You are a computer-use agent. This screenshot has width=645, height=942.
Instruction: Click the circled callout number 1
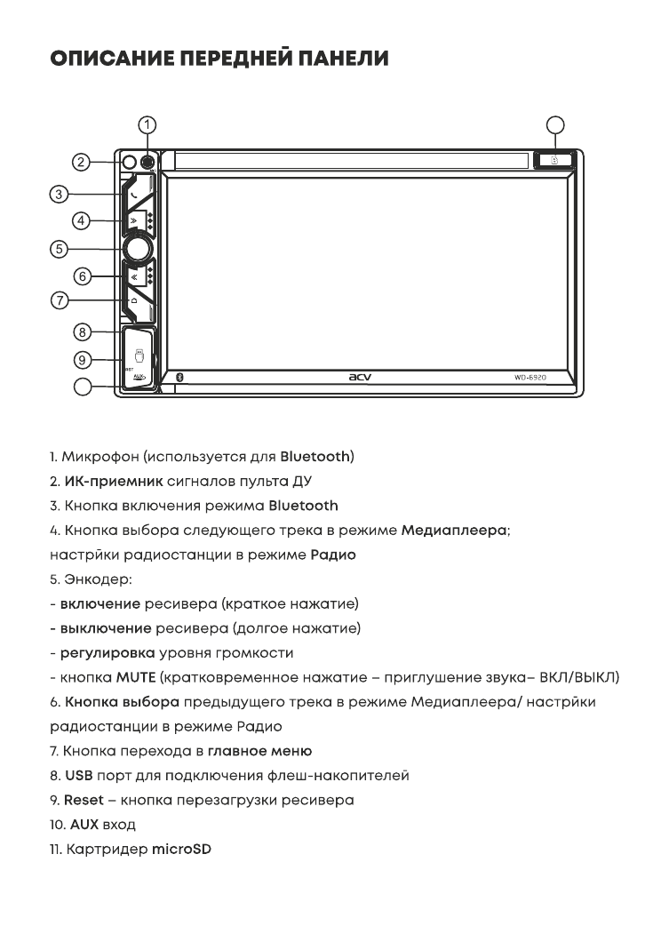[x=149, y=124]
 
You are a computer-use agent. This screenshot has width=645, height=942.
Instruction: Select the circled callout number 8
[x=82, y=332]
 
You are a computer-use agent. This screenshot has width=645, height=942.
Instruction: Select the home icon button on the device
[x=133, y=302]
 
